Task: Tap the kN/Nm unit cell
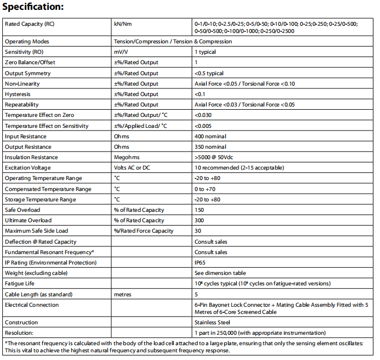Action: point(123,24)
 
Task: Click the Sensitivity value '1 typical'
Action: point(205,52)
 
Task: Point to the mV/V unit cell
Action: point(122,52)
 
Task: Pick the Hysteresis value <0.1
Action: point(200,94)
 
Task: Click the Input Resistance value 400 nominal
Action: point(210,136)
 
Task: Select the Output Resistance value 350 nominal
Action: point(210,147)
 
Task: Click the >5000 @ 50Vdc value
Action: point(214,157)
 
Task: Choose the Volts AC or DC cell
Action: point(132,168)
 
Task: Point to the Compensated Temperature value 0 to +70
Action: point(206,189)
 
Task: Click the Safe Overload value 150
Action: point(199,210)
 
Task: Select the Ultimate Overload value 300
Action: point(199,221)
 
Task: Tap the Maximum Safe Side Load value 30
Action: point(198,231)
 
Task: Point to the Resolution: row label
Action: point(19,333)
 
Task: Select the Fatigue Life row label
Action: point(20,283)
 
